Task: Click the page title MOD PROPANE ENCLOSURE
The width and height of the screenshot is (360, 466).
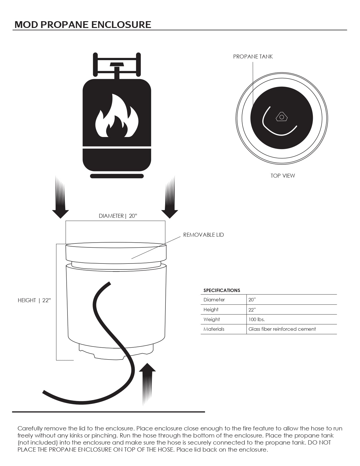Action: click(83, 25)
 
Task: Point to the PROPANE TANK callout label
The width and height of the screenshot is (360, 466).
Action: click(253, 56)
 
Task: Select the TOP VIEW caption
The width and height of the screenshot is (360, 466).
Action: click(283, 176)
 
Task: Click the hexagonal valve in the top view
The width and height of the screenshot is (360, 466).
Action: click(282, 117)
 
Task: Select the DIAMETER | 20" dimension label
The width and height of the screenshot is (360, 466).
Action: click(118, 216)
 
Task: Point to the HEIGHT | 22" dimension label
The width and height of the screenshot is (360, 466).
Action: click(34, 300)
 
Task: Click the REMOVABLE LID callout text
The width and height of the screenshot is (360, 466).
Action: click(203, 235)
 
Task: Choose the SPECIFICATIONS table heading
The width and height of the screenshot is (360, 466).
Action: click(222, 290)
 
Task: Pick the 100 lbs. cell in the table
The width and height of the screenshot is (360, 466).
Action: click(256, 319)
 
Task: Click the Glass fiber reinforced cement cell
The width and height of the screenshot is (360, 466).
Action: click(282, 329)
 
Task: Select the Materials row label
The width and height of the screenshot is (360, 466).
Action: click(214, 329)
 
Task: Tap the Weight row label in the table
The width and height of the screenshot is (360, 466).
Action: click(211, 319)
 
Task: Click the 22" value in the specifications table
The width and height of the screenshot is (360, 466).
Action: click(252, 310)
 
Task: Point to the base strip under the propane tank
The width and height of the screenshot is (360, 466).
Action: click(117, 176)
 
